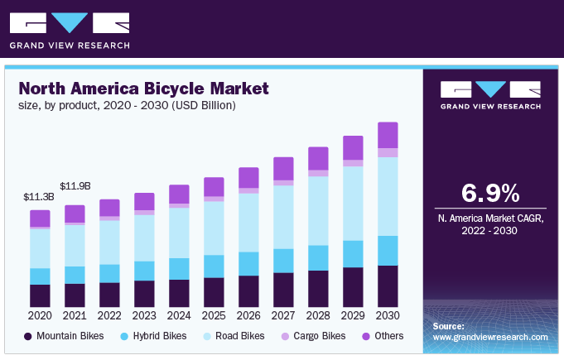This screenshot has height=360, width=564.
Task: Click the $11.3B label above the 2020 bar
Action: pyautogui.click(x=40, y=197)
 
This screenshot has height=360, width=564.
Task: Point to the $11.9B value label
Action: pyautogui.click(x=75, y=185)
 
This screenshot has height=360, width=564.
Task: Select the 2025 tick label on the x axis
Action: pyautogui.click(x=214, y=316)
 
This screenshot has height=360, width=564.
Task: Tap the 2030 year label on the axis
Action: pyautogui.click(x=388, y=316)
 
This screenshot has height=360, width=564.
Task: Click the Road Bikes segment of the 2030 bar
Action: pyautogui.click(x=388, y=196)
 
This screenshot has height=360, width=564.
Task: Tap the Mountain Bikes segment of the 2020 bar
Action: pyautogui.click(x=40, y=296)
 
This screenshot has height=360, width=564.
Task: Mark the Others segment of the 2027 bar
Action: pyautogui.click(x=283, y=168)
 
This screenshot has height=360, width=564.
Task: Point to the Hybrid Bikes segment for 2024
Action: pyautogui.click(x=179, y=269)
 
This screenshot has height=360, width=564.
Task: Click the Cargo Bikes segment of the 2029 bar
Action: pyautogui.click(x=353, y=163)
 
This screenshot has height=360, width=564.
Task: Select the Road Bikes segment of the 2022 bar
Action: pyautogui.click(x=109, y=242)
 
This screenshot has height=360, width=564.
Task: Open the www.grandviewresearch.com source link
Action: pyautogui.click(x=490, y=338)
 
